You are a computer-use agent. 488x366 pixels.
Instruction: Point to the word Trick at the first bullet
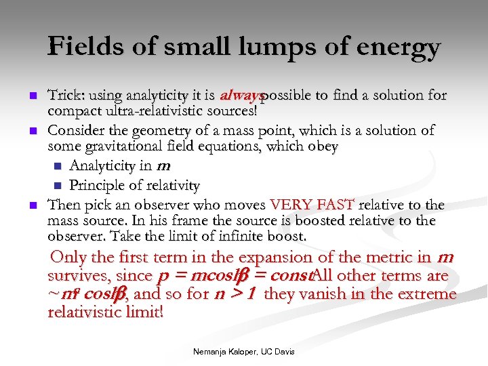(x=64, y=96)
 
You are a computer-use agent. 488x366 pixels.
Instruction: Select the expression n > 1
(x=232, y=295)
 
